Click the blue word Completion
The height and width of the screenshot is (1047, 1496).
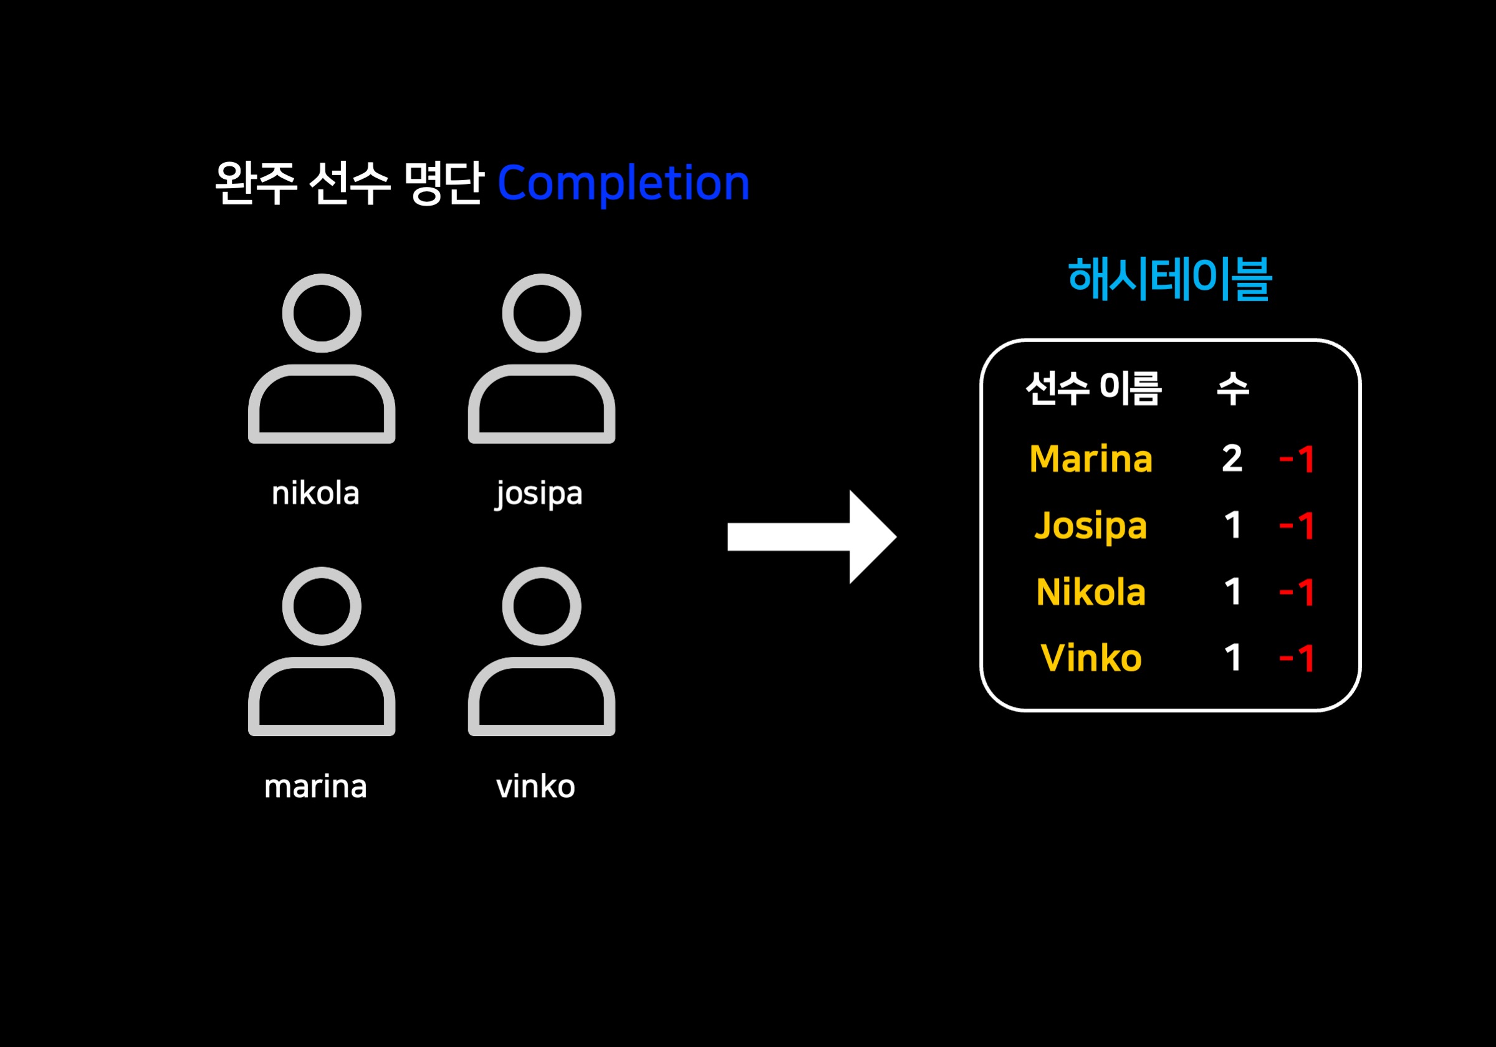point(623,184)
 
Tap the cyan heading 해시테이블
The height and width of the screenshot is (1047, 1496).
point(1169,279)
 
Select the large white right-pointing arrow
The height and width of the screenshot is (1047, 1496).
point(812,537)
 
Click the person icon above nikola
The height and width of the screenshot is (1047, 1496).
point(321,358)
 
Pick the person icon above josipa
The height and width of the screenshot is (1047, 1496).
point(541,358)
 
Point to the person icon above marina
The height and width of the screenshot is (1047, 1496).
point(321,651)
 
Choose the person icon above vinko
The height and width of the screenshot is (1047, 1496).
point(541,651)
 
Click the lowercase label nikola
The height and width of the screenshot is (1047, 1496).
point(315,494)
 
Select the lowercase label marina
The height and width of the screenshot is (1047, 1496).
point(315,786)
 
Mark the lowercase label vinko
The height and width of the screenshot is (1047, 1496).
point(535,786)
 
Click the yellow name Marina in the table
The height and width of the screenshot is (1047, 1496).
point(1091,459)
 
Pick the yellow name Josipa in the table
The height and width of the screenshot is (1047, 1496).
point(1091,527)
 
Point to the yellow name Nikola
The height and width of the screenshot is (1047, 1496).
point(1091,592)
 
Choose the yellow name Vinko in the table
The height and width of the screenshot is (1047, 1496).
point(1091,658)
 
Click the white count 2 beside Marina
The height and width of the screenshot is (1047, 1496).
point(1232,459)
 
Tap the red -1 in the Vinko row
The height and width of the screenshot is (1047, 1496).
point(1297,658)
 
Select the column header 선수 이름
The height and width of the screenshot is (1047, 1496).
point(1093,389)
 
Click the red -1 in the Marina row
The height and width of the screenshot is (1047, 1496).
point(1297,459)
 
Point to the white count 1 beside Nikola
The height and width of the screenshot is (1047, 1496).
point(1232,592)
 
